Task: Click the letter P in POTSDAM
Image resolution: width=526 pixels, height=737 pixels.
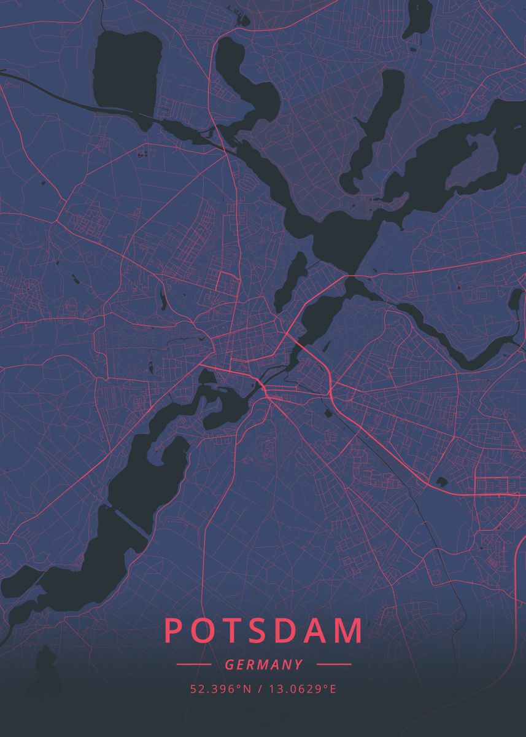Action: coord(174,631)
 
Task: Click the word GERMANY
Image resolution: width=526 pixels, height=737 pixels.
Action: coord(264,665)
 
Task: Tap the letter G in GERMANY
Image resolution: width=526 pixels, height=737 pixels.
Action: coord(229,665)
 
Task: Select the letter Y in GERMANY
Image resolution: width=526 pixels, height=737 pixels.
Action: coord(298,665)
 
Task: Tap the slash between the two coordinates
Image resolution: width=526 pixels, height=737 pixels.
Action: coord(260,689)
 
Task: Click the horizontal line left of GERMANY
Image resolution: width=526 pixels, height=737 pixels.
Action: coord(193,665)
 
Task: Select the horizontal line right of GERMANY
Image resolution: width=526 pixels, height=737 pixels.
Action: coord(333,665)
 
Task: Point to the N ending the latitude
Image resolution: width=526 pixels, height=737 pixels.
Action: coord(248,689)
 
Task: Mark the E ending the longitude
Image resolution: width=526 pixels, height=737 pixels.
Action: coord(333,689)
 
